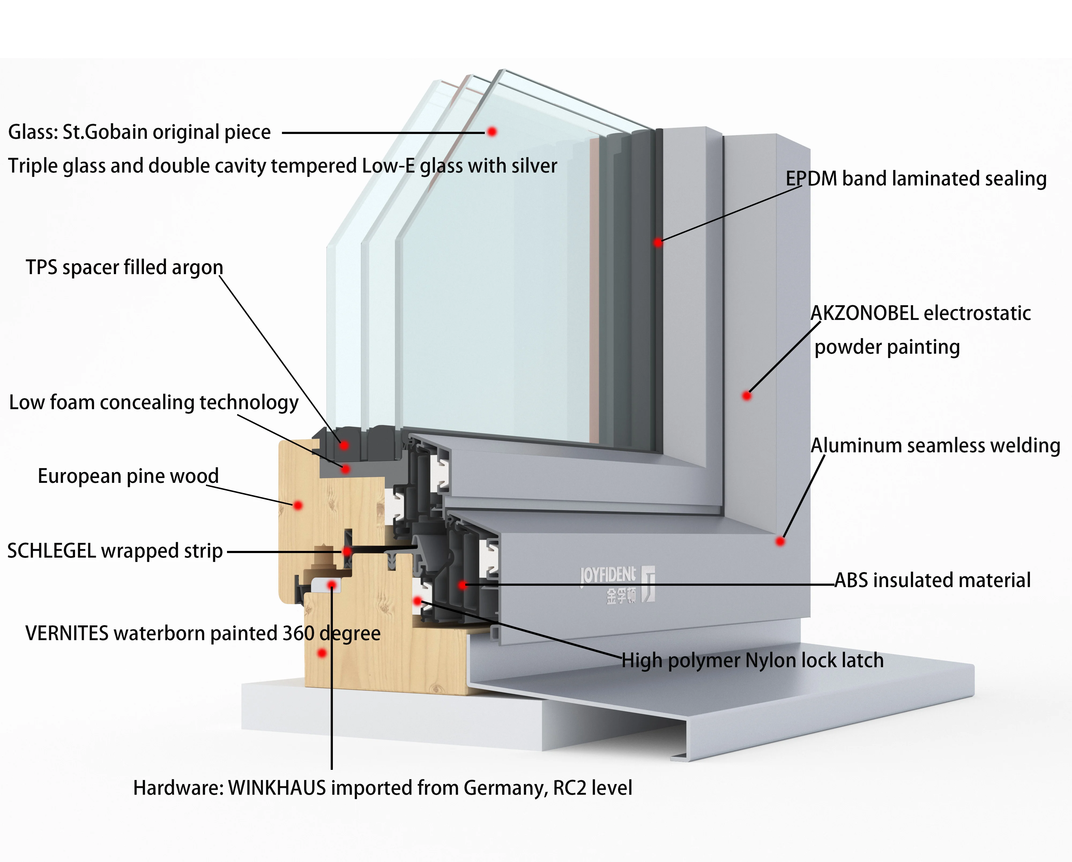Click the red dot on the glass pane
pos(492,132)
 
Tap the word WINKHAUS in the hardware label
pos(277,788)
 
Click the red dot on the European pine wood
pos(298,506)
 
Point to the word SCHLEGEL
pos(51,551)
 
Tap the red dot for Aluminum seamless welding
pos(780,541)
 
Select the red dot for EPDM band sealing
pos(658,242)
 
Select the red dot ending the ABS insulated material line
pos(462,585)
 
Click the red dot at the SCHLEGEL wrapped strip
pos(347,551)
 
